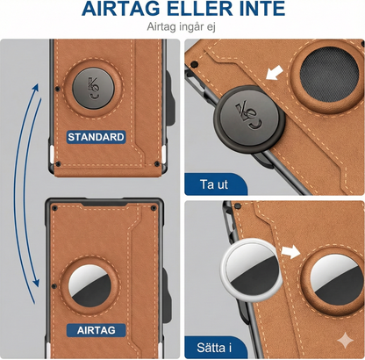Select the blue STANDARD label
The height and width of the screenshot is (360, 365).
pos(97,137)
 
